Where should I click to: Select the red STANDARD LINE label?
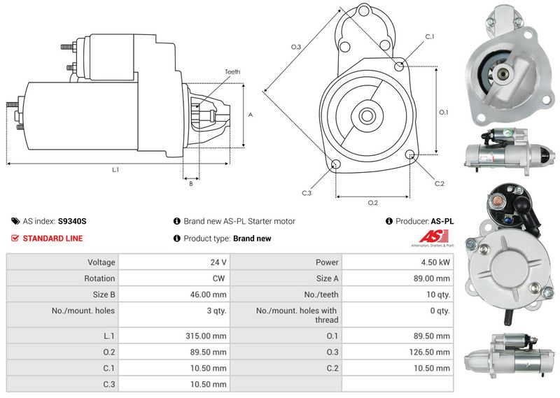pos(52,239)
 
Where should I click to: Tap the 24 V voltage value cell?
pos(218,262)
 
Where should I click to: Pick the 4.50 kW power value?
pos(435,262)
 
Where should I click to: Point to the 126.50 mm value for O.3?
pos(430,352)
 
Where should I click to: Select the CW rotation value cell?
pos(220,278)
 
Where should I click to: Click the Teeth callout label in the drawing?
pos(232,72)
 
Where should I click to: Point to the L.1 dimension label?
pos(115,170)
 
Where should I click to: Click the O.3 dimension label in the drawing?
pos(296,47)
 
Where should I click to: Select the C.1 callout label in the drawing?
pos(430,36)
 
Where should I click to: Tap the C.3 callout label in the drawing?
pos(307,192)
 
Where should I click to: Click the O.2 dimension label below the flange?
pos(372,203)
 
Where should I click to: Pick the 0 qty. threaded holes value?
pos(439,311)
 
